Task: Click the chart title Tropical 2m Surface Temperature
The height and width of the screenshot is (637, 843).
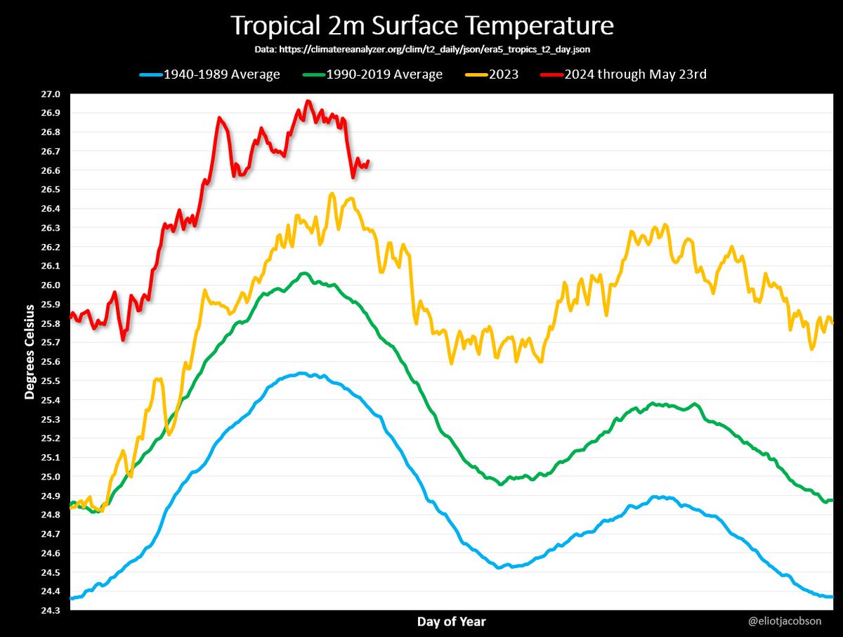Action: click(421, 26)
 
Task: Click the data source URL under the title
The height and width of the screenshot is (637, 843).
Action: click(421, 51)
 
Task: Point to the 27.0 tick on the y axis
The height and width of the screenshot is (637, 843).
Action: click(51, 94)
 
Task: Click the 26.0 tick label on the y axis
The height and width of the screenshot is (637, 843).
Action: click(51, 285)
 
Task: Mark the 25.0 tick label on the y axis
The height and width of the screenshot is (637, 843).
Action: click(51, 477)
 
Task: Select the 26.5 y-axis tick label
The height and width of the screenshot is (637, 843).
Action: click(51, 190)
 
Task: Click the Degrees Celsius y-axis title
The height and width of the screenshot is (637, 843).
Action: click(30, 352)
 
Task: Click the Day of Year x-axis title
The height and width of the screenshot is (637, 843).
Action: click(451, 622)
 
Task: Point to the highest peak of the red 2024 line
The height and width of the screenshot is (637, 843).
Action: click(307, 101)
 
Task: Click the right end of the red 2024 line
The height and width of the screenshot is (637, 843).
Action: click(368, 161)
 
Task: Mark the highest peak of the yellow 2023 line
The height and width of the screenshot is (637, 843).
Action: click(332, 193)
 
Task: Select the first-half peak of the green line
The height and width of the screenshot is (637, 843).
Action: click(304, 273)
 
